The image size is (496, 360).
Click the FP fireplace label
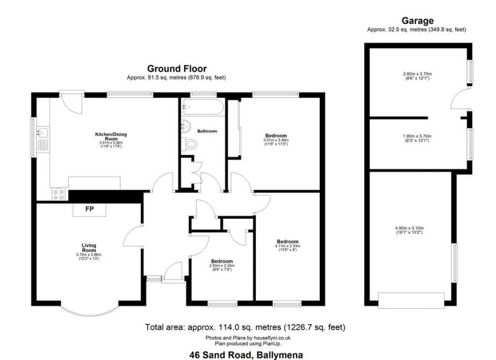click(x=89, y=209)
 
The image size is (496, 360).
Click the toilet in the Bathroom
click(x=191, y=144)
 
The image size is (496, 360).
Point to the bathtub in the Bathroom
click(x=202, y=108)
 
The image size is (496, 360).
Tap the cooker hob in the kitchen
click(x=58, y=194)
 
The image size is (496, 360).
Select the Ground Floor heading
click(x=176, y=69)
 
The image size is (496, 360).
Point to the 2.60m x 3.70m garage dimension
click(x=417, y=74)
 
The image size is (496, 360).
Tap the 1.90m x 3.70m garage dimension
click(x=417, y=136)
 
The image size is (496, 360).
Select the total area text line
click(x=245, y=327)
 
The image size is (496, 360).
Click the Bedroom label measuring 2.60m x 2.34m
click(x=222, y=261)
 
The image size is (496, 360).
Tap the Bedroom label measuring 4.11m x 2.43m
click(x=288, y=241)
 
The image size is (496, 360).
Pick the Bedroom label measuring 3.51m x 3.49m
click(x=276, y=136)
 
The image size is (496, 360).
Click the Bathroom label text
click(x=207, y=131)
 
